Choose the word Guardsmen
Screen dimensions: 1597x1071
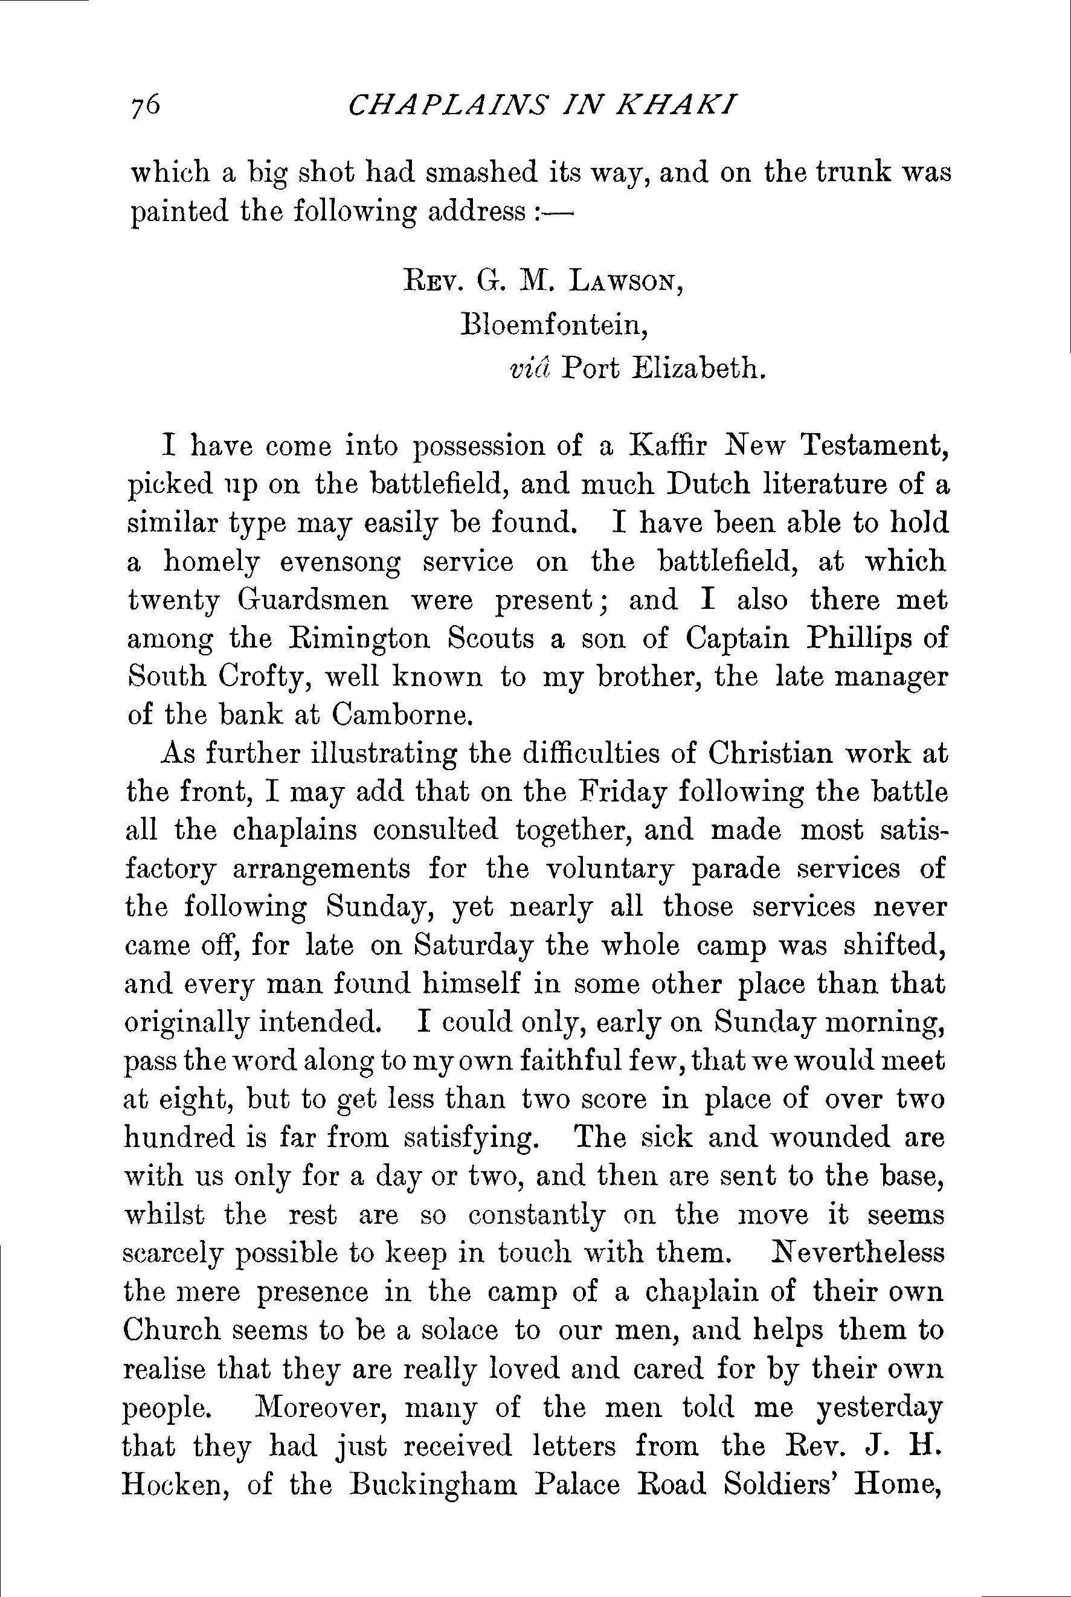(314, 602)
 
